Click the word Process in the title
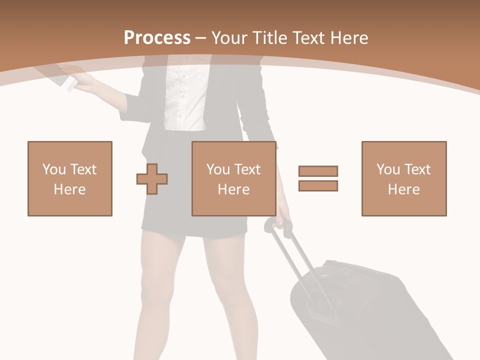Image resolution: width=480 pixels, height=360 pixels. [157, 38]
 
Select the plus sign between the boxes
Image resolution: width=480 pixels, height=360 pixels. [152, 178]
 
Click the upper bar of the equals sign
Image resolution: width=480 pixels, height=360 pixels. [318, 171]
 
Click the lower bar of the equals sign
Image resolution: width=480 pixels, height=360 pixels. [318, 185]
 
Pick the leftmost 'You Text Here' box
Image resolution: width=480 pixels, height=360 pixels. [70, 178]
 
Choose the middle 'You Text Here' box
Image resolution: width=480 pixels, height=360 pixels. [234, 178]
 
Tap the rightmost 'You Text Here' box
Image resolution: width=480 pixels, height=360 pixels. [404, 178]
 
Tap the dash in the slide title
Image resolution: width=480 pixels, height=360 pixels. [200, 38]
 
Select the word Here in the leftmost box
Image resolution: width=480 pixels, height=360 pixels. [70, 189]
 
